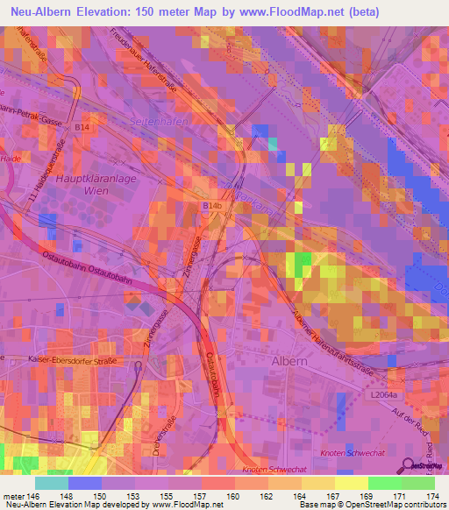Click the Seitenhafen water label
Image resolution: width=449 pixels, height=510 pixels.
(160, 121)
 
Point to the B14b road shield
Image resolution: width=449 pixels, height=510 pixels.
(211, 205)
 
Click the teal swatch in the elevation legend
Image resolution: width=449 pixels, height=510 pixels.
(52, 483)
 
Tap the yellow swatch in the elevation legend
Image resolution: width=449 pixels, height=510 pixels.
(351, 483)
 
